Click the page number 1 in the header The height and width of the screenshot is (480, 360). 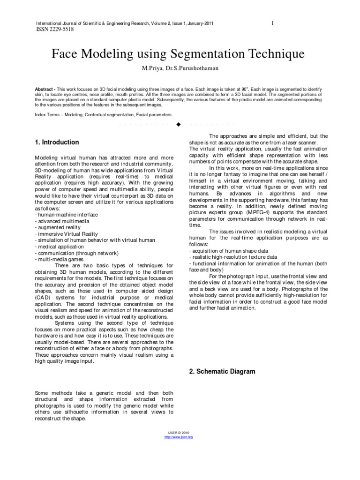272,23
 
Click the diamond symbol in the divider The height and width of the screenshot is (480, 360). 178,124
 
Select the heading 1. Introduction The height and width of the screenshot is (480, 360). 57,142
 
